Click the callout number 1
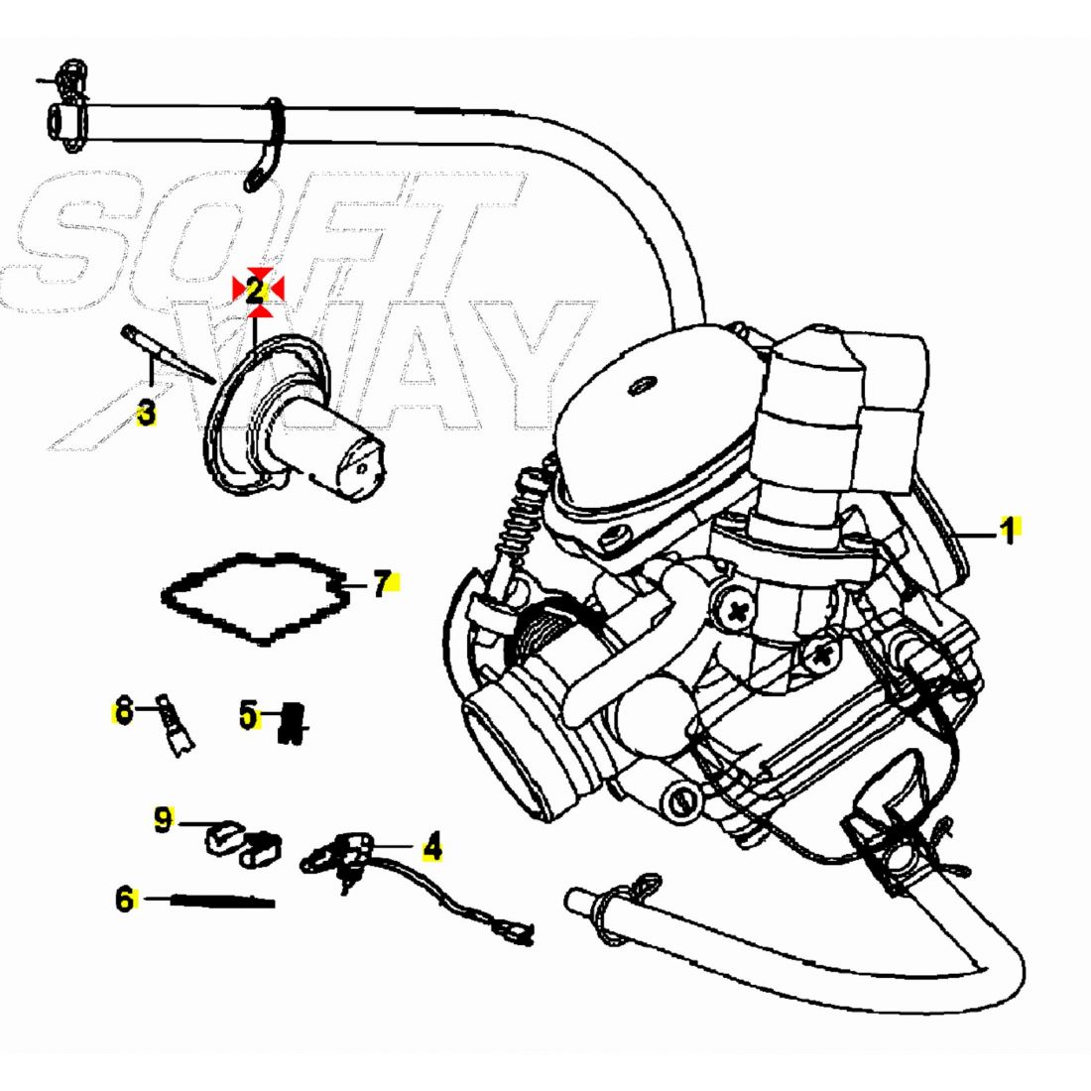pyautogui.click(x=1008, y=531)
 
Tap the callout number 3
pyautogui.click(x=147, y=412)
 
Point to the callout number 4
pyautogui.click(x=431, y=848)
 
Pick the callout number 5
pyautogui.click(x=248, y=713)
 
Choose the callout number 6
pyautogui.click(x=125, y=900)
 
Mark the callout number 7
pyautogui.click(x=383, y=584)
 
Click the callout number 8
pyautogui.click(x=123, y=711)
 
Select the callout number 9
pyautogui.click(x=164, y=819)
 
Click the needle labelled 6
pyautogui.click(x=223, y=901)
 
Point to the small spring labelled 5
pyautogui.click(x=293, y=722)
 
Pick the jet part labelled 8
pyautogui.click(x=176, y=729)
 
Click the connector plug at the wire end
pyautogui.click(x=519, y=932)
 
